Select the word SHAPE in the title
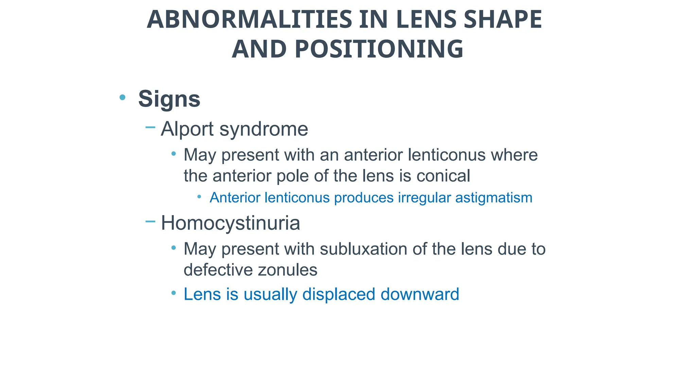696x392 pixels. (503, 19)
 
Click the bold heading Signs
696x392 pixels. (169, 99)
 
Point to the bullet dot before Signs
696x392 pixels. (122, 98)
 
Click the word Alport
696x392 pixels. (187, 129)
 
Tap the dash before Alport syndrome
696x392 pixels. (150, 128)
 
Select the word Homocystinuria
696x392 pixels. (230, 223)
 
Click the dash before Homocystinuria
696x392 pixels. (150, 222)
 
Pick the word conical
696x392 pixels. (443, 176)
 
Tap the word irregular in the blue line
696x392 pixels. (424, 198)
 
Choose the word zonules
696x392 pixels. (288, 270)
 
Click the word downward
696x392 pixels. (420, 294)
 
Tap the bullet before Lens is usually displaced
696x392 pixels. (174, 293)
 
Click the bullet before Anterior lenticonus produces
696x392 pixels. (199, 197)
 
